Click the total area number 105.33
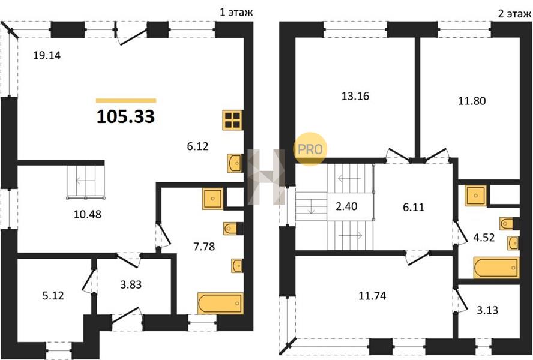coord(126,116)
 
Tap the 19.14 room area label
coord(47,55)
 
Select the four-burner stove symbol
coord(233,120)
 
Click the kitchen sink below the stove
coord(235,163)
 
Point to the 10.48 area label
coord(88,215)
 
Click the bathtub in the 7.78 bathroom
coord(220,303)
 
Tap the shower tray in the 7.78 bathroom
coord(212,199)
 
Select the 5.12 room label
coord(53,295)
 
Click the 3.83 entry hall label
coord(131,284)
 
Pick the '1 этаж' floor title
coord(236,13)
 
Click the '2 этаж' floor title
coord(514,14)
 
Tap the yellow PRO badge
coord(310,149)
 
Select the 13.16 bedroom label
coord(355,96)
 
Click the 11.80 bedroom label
coord(472,101)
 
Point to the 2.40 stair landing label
coord(346,206)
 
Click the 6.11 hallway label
coord(414,207)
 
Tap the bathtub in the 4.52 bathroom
coord(496,268)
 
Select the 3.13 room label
coord(487,310)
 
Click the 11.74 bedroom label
coord(372,296)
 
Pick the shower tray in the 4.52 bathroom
coord(476,196)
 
